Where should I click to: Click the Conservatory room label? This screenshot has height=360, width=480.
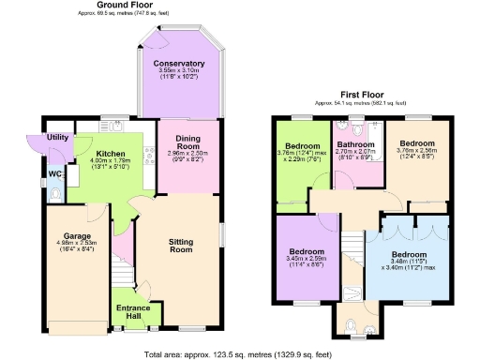(x=179, y=64)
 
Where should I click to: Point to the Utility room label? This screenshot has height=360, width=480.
(x=56, y=137)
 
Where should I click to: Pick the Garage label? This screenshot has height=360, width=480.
(x=76, y=236)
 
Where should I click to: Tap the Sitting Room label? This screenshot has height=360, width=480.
(x=180, y=246)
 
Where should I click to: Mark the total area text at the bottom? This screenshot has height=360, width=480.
(x=239, y=354)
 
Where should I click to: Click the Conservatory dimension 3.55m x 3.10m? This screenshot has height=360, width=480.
(x=179, y=71)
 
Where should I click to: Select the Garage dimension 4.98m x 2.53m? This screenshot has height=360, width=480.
(x=76, y=244)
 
